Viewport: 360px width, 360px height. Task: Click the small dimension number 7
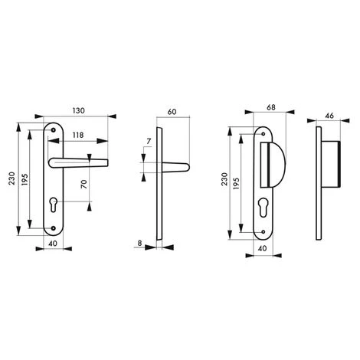148,143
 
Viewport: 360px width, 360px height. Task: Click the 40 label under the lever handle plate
52,244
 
